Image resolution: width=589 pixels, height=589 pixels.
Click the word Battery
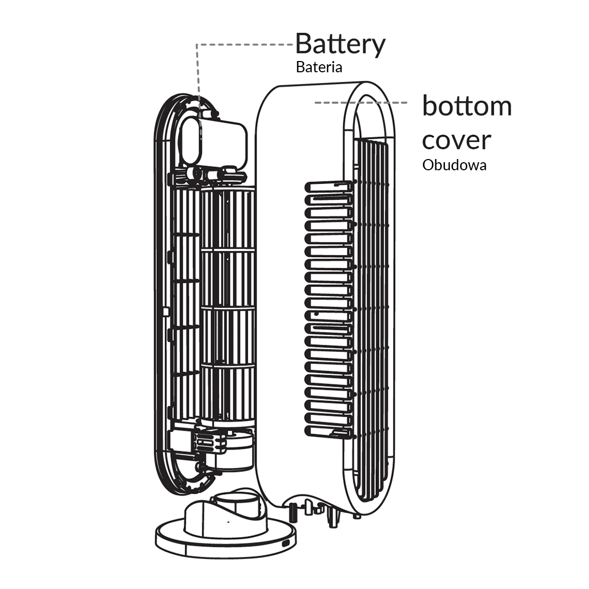[340, 44]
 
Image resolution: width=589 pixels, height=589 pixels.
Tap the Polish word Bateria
[319, 67]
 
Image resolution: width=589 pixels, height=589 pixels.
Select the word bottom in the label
[467, 106]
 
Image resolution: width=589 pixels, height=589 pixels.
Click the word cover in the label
[456, 140]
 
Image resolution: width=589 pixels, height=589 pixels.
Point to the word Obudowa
[454, 165]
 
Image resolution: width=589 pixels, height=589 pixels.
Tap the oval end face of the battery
[191, 140]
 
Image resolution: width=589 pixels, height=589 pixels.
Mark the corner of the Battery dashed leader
[198, 44]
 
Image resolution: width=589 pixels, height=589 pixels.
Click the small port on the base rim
[288, 542]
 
